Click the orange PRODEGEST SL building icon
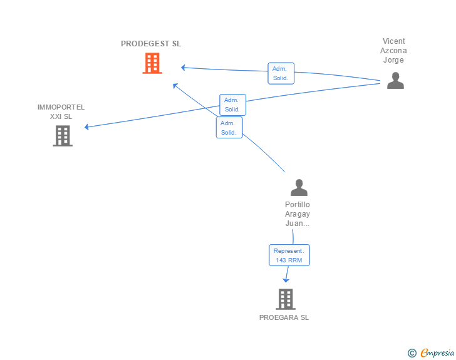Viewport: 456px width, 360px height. click(152, 63)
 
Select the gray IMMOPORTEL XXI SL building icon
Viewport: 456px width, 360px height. click(63, 136)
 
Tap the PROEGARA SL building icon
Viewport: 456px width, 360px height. click(285, 299)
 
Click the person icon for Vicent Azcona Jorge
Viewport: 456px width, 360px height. click(395, 81)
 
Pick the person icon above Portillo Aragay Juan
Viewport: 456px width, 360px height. click(299, 187)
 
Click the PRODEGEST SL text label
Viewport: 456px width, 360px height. click(151, 44)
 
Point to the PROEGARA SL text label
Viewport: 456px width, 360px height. click(284, 317)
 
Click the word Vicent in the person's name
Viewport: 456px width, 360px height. click(394, 41)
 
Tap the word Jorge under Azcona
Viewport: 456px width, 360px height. click(394, 60)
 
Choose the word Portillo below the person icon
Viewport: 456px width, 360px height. click(298, 205)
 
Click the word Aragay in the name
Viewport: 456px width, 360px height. click(298, 214)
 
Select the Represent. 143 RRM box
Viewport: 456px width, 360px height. click(289, 255)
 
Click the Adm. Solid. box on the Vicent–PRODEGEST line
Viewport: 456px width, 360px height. click(280, 73)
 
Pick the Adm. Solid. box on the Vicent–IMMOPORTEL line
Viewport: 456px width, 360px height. click(232, 105)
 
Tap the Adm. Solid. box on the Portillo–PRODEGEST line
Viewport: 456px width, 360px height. click(229, 128)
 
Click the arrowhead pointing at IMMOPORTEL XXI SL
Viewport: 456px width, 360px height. click(87, 127)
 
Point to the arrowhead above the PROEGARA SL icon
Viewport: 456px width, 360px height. click(286, 279)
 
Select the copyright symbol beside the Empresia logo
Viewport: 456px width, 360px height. click(412, 353)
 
